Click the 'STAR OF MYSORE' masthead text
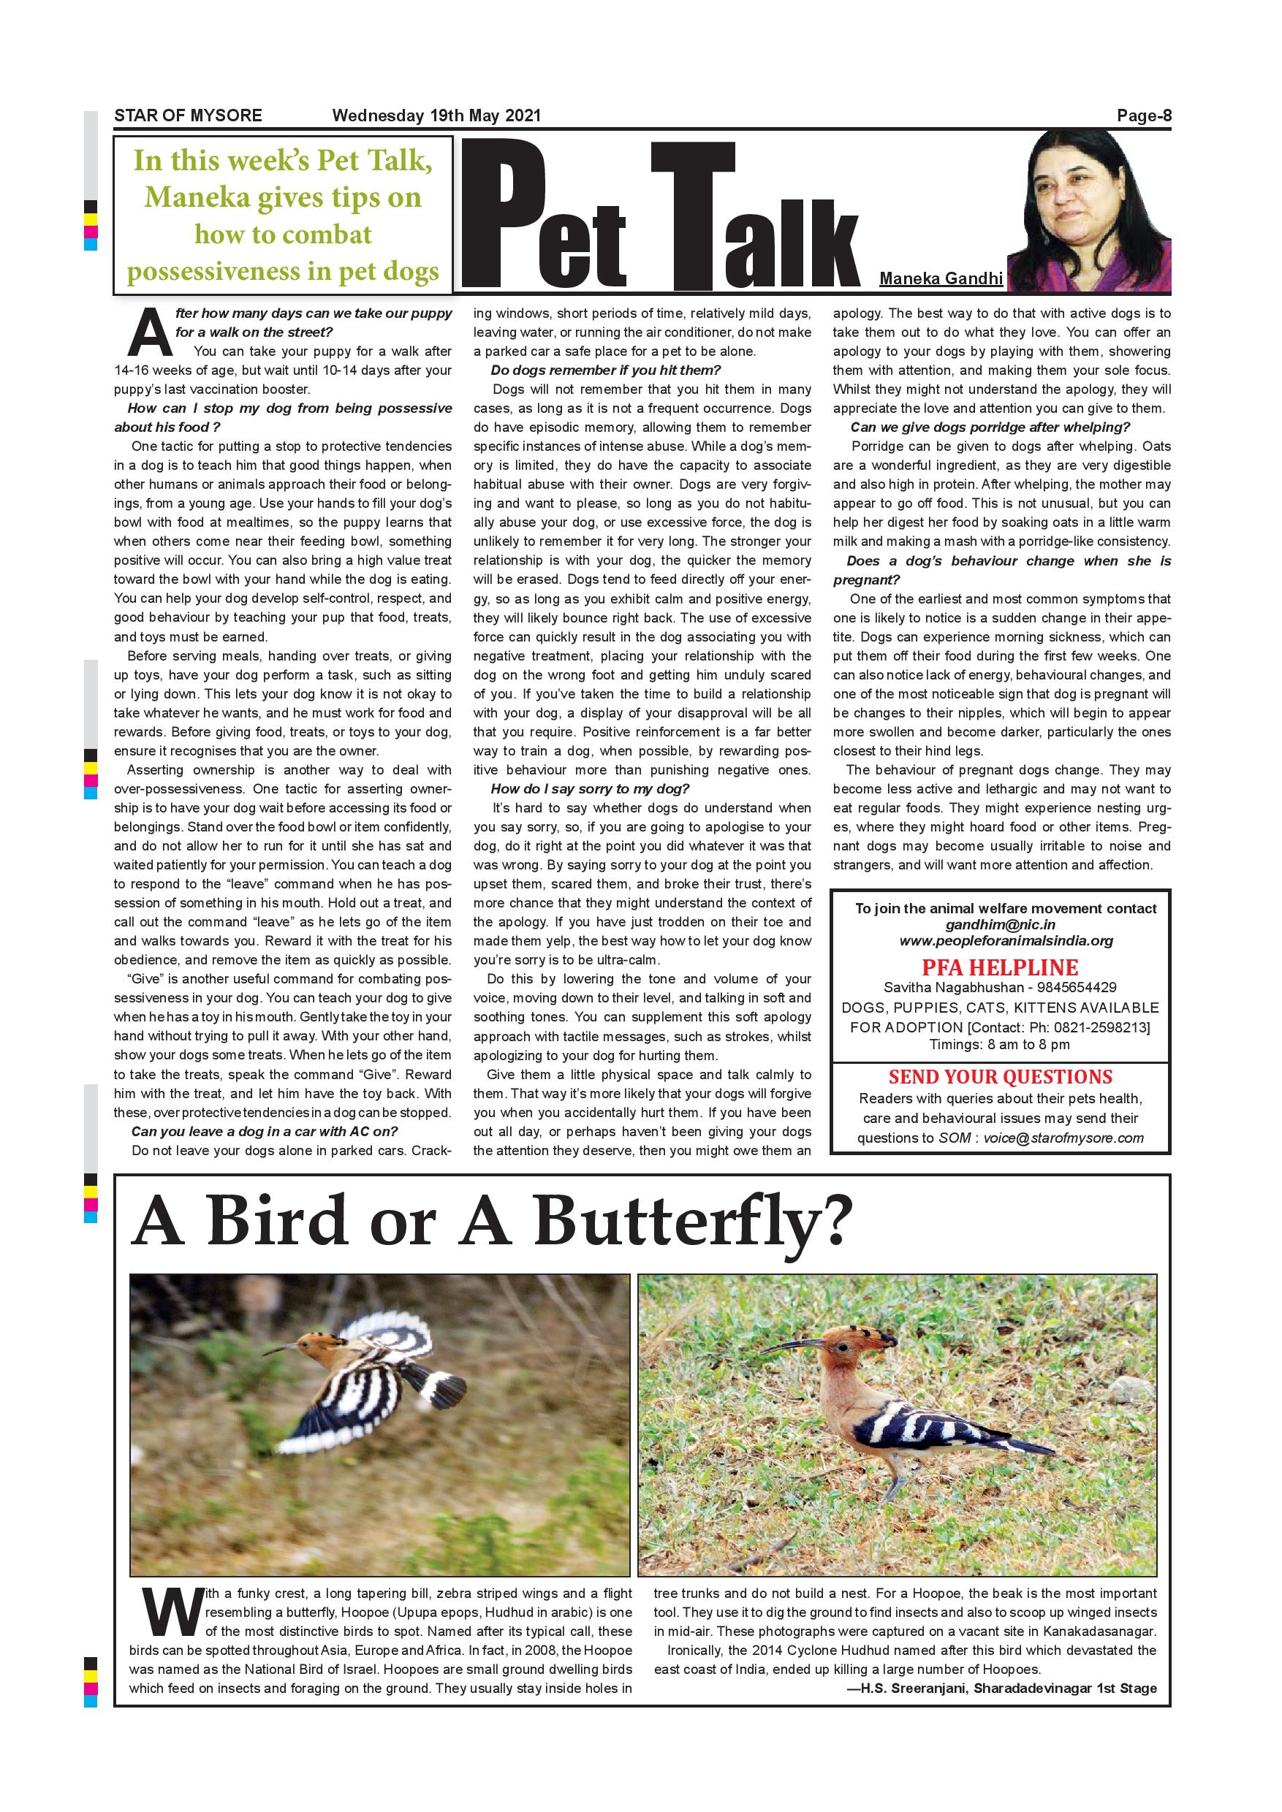tap(188, 115)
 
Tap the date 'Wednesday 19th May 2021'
tap(436, 115)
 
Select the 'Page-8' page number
tap(1144, 116)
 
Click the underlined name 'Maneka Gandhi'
tap(941, 278)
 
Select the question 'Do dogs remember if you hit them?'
tap(605, 370)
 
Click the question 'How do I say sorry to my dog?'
tap(590, 788)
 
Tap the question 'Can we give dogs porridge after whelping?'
tap(990, 427)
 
